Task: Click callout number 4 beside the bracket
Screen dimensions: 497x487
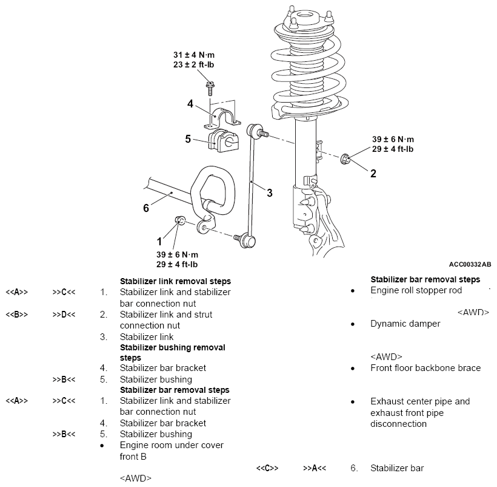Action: tap(190, 103)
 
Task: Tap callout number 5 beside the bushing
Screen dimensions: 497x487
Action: tap(188, 138)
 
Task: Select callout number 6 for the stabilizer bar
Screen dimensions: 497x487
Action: tap(146, 208)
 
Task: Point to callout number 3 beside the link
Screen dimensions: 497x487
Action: tap(270, 192)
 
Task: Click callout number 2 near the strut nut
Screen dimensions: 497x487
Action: tap(373, 173)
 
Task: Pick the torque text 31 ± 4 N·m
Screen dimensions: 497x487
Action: tap(194, 55)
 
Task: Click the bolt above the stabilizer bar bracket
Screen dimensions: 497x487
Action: tap(210, 88)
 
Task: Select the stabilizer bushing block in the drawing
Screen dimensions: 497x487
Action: tap(223, 140)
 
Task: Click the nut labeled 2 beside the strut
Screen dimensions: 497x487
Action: tap(345, 159)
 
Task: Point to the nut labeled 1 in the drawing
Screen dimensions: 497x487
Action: tap(180, 220)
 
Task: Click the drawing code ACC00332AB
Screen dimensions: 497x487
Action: tap(470, 265)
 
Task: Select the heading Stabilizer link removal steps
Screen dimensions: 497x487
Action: tap(175, 281)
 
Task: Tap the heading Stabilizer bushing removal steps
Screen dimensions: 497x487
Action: tap(172, 352)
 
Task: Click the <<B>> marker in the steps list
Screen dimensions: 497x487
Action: tap(17, 315)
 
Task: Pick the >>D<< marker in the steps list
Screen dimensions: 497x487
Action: tap(64, 315)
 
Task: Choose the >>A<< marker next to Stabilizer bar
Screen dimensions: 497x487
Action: tap(315, 468)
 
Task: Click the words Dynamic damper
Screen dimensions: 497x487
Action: tap(405, 324)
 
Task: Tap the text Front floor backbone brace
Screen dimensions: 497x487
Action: tap(425, 368)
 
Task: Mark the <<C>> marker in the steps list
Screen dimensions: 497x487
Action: tap(267, 468)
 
